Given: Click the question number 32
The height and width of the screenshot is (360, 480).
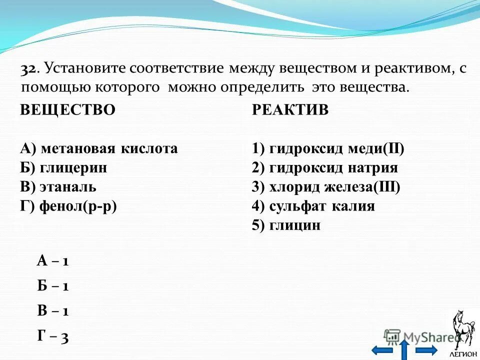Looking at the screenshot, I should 28,69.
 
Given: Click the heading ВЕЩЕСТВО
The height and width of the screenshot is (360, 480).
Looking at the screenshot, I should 67,110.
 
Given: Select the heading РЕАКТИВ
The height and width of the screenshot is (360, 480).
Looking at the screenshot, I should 290,110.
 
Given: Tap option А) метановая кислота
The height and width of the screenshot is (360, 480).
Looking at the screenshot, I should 99,148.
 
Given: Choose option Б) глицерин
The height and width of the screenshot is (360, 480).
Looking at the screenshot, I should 63,167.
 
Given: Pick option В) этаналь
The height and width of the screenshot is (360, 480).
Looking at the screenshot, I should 58,187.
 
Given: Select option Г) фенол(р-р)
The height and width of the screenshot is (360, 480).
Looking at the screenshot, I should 68,206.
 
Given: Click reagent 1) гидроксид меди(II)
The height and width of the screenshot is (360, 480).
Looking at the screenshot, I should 328,148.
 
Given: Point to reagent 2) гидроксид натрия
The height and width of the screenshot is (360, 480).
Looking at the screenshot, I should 325,167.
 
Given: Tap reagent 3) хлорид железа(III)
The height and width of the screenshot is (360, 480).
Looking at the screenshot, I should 326,187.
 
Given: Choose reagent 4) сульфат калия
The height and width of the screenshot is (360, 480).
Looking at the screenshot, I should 313,206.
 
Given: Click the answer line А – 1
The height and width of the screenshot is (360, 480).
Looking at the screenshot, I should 52,260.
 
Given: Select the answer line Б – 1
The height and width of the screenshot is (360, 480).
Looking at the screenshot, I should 52,286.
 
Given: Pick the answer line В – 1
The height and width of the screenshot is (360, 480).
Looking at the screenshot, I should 52,311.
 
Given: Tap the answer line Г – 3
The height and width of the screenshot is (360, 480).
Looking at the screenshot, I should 52,337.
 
